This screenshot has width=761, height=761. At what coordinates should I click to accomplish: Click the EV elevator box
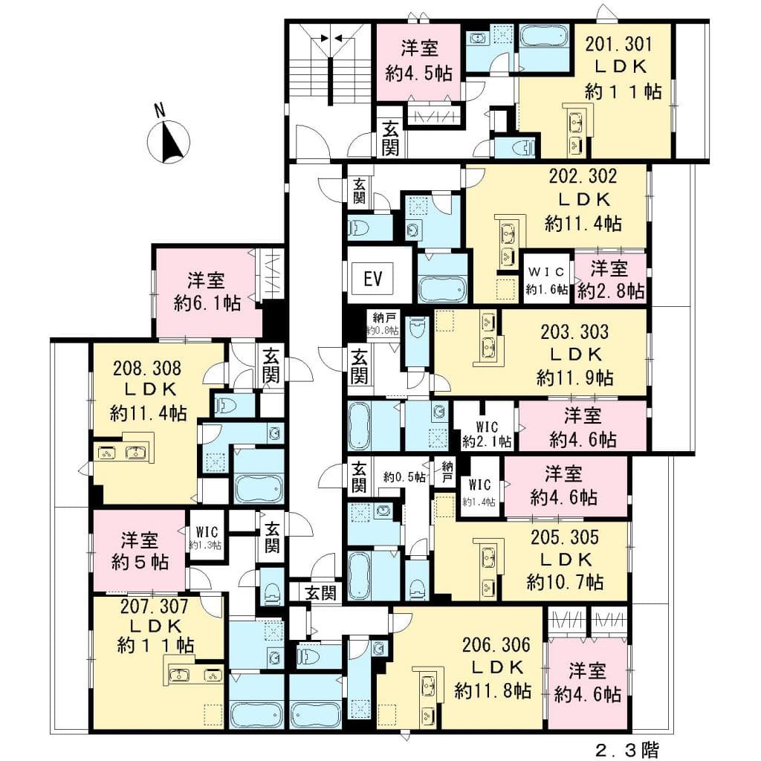[x=372, y=279]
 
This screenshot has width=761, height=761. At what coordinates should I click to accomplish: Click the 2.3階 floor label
[x=626, y=748]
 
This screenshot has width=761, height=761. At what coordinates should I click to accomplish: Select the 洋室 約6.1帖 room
[x=207, y=291]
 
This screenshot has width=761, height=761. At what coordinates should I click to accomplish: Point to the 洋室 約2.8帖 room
[x=610, y=279]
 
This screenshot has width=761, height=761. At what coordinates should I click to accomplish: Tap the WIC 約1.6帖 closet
[x=547, y=279]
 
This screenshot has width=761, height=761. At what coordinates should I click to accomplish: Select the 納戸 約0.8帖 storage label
[x=382, y=323]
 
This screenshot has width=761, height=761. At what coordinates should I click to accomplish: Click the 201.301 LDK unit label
[x=621, y=68]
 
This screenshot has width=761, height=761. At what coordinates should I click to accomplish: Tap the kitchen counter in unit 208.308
[x=122, y=453]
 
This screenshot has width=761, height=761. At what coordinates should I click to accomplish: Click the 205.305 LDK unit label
[x=565, y=558]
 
